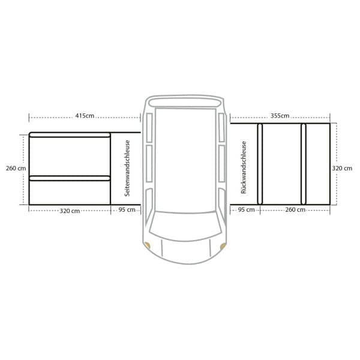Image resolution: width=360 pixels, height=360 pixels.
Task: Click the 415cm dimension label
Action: click(85, 116)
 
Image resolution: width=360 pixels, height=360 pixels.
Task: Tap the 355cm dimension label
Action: click(280, 116)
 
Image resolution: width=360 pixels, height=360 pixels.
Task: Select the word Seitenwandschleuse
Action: click(127, 168)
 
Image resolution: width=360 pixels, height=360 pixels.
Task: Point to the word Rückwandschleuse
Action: click(244, 167)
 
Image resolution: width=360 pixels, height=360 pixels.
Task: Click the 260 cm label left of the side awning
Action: click(16, 168)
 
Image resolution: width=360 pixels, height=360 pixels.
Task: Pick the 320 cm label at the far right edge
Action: click(342, 168)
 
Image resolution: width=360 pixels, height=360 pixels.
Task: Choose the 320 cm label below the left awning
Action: click(70, 211)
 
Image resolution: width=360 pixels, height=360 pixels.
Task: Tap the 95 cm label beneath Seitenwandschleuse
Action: click(127, 209)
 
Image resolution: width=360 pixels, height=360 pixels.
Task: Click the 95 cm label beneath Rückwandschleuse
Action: click(247, 209)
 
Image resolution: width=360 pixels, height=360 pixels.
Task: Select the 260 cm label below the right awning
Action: click(295, 209)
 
